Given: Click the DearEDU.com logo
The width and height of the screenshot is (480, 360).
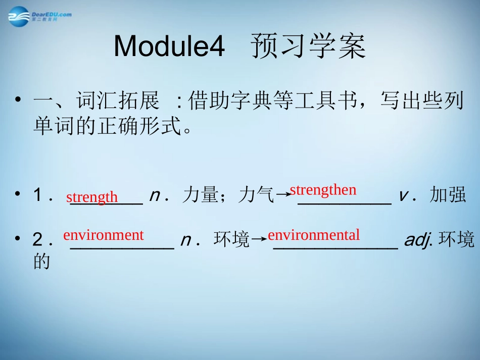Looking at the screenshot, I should (x=39, y=16).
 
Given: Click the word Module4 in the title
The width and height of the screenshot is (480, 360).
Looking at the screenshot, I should (x=169, y=47).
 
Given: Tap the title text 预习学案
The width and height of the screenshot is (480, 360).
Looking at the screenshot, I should (x=307, y=47).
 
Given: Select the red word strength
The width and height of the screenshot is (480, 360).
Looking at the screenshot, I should (x=92, y=197).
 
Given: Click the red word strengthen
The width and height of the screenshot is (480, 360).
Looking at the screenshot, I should (x=323, y=190).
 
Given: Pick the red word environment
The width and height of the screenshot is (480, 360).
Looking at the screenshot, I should (x=104, y=235).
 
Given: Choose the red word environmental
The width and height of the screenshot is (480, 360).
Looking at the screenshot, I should (x=314, y=235).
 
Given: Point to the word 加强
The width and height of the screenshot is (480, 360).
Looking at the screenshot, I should (x=447, y=195).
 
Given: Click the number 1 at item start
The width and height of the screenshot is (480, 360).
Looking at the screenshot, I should (x=37, y=195).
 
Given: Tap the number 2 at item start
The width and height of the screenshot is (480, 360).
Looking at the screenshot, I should (x=37, y=240).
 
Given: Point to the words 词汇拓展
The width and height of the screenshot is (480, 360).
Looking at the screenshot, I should (x=117, y=101).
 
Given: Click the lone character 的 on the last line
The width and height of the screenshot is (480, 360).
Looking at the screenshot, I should (x=41, y=262).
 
